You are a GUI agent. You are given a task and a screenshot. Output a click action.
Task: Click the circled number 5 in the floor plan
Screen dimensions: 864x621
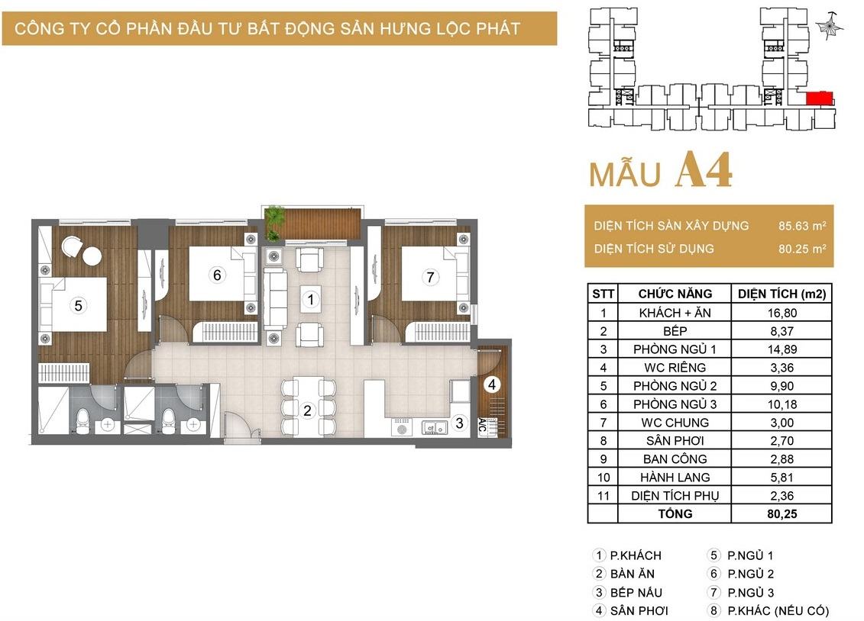click(x=78, y=305)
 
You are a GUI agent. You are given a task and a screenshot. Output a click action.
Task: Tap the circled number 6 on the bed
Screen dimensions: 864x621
click(x=217, y=275)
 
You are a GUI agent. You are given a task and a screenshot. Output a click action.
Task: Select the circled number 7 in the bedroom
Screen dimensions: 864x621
click(x=430, y=277)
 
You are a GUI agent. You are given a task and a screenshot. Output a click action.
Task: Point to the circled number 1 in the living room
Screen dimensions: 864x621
click(x=311, y=299)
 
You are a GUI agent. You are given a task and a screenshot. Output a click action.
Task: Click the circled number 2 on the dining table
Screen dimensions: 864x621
click(x=307, y=410)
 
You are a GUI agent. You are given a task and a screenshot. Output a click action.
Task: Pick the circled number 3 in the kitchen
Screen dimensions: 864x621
click(x=459, y=423)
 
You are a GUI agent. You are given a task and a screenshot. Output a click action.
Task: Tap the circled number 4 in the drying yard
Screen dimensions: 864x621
click(x=492, y=384)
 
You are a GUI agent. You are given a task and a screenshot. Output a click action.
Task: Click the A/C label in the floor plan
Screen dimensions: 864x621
click(x=483, y=425)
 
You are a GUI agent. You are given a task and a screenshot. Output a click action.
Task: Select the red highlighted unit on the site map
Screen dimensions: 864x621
click(x=819, y=98)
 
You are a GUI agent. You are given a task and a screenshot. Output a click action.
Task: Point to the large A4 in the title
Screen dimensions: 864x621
click(x=704, y=170)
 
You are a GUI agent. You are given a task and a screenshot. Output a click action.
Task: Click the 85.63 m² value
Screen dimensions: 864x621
click(x=801, y=226)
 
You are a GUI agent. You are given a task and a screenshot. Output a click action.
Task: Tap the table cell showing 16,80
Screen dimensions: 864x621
click(x=782, y=313)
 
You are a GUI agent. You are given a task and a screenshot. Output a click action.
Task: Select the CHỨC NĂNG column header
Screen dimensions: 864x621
click(x=675, y=294)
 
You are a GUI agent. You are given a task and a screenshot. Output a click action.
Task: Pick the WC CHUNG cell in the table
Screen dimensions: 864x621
click(x=675, y=423)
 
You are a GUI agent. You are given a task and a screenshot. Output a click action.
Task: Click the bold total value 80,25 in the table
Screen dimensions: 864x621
click(x=782, y=513)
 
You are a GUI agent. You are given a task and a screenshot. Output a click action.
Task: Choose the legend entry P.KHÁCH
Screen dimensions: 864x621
click(x=636, y=555)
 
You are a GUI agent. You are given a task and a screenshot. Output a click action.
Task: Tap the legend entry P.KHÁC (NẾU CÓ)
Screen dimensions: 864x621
click(x=778, y=610)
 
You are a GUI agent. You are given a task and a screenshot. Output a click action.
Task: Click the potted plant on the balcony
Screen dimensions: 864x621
click(x=273, y=222)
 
